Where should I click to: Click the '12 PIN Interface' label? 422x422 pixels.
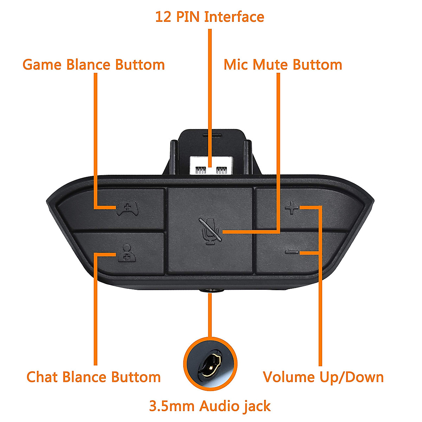(210, 17)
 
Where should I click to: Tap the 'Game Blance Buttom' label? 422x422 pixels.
(94, 65)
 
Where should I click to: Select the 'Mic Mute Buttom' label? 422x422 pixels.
(283, 65)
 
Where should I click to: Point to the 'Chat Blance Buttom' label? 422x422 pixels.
(94, 377)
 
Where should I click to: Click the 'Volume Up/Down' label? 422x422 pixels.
(323, 377)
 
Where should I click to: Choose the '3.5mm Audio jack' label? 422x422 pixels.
(210, 406)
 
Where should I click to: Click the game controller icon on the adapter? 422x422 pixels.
(128, 209)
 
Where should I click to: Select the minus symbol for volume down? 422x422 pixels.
(292, 252)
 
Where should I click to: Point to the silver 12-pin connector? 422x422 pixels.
(210, 165)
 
